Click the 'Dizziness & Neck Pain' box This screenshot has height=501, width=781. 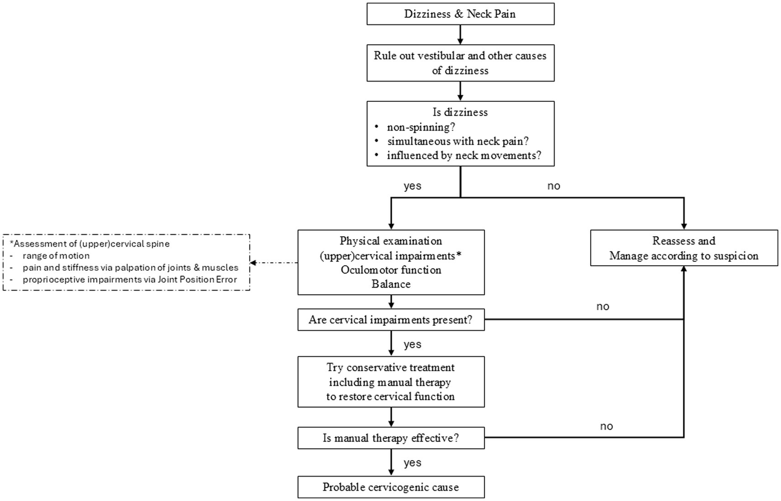click(x=460, y=14)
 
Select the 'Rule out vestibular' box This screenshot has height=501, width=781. click(x=460, y=63)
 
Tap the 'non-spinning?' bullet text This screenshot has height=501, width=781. click(x=421, y=127)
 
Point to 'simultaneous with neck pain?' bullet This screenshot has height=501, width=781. click(x=457, y=141)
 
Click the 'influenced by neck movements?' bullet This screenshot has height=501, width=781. click(x=464, y=155)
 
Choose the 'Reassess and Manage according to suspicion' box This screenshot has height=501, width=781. click(x=683, y=248)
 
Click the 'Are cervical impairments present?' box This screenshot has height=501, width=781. click(x=391, y=320)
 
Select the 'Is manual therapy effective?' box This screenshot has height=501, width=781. click(x=391, y=438)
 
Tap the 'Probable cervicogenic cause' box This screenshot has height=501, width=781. click(x=391, y=487)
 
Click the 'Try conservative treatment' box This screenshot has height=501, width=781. click(x=391, y=382)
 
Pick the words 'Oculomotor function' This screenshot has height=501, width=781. click(x=391, y=270)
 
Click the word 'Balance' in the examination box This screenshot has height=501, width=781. click(x=391, y=284)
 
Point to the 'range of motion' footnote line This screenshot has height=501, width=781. click(x=56, y=256)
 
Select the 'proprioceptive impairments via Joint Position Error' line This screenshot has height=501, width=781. click(x=130, y=280)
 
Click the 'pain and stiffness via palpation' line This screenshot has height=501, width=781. click(x=130, y=267)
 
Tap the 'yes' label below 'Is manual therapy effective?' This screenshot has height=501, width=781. click(x=412, y=462)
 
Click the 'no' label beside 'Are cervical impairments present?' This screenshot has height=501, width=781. click(x=602, y=307)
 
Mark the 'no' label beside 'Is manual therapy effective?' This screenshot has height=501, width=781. click(x=606, y=426)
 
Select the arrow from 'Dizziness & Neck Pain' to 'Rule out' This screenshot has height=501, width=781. click(x=460, y=35)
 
